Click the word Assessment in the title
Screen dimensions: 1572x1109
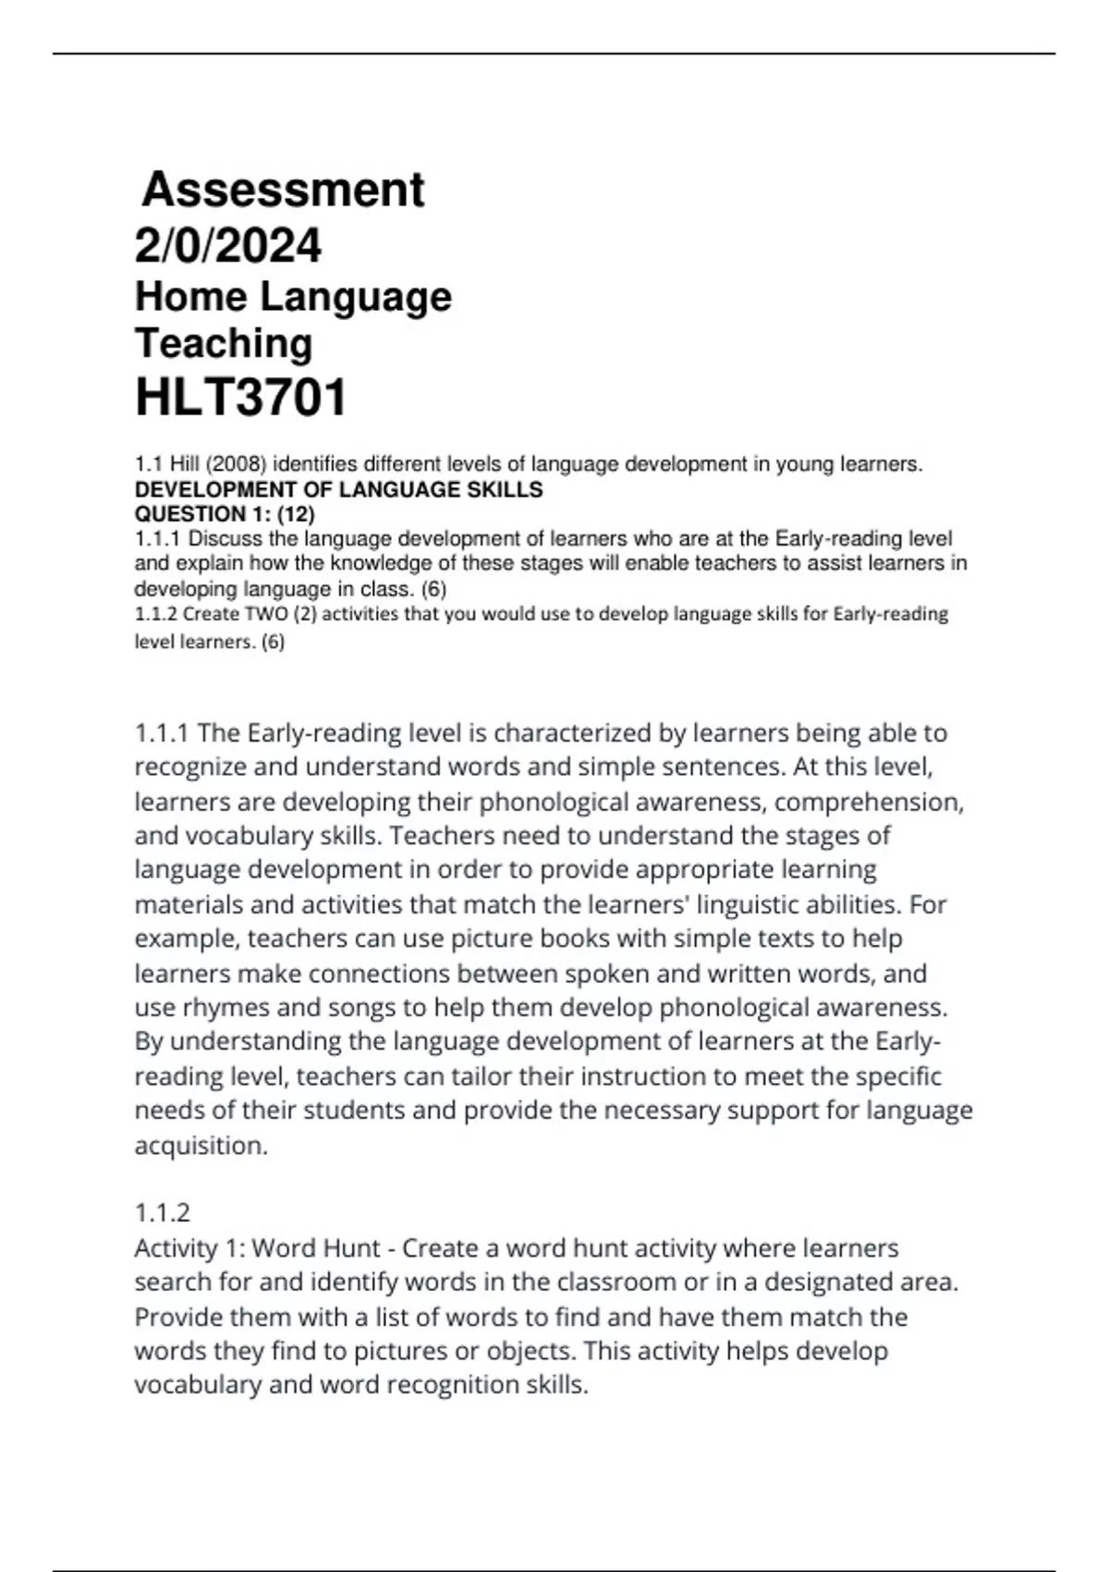point(283,190)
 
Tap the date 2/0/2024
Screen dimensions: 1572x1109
point(228,245)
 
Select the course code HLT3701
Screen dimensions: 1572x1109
point(241,398)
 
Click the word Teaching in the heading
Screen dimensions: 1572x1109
point(224,343)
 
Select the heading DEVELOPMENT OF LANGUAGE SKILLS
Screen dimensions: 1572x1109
point(338,489)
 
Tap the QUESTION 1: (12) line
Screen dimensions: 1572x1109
point(225,514)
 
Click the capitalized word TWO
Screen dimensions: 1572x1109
point(266,614)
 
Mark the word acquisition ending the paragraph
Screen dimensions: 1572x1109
point(201,1146)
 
